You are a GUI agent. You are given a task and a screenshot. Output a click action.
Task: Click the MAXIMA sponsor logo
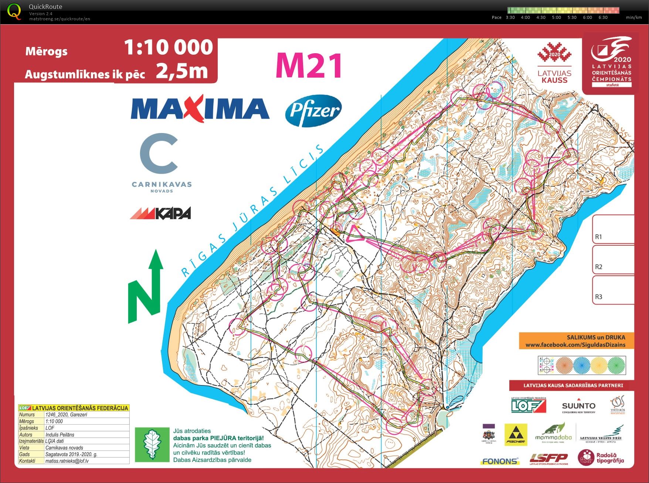pos(200,109)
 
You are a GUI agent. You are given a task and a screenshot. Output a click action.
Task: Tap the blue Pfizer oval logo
pos(313,111)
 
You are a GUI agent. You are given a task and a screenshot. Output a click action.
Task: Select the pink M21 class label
pos(309,66)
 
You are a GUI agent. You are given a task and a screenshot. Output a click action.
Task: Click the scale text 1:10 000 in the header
pos(168,47)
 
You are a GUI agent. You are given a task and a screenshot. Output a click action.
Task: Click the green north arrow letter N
pos(145,297)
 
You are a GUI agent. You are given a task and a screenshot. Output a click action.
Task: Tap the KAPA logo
pos(160,213)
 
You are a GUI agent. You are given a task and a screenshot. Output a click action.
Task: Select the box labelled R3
pos(613,290)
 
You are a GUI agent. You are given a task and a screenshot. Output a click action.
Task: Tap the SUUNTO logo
pos(578,407)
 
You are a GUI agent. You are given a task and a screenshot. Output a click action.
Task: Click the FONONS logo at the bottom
pos(500,461)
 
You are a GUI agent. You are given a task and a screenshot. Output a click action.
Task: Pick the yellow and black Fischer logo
pos(516,434)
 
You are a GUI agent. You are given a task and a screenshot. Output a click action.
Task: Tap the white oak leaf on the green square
pos(152,445)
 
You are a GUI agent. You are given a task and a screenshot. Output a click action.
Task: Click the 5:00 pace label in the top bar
pos(556,17)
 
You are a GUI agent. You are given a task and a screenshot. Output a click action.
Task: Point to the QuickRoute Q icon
pos(14,11)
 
